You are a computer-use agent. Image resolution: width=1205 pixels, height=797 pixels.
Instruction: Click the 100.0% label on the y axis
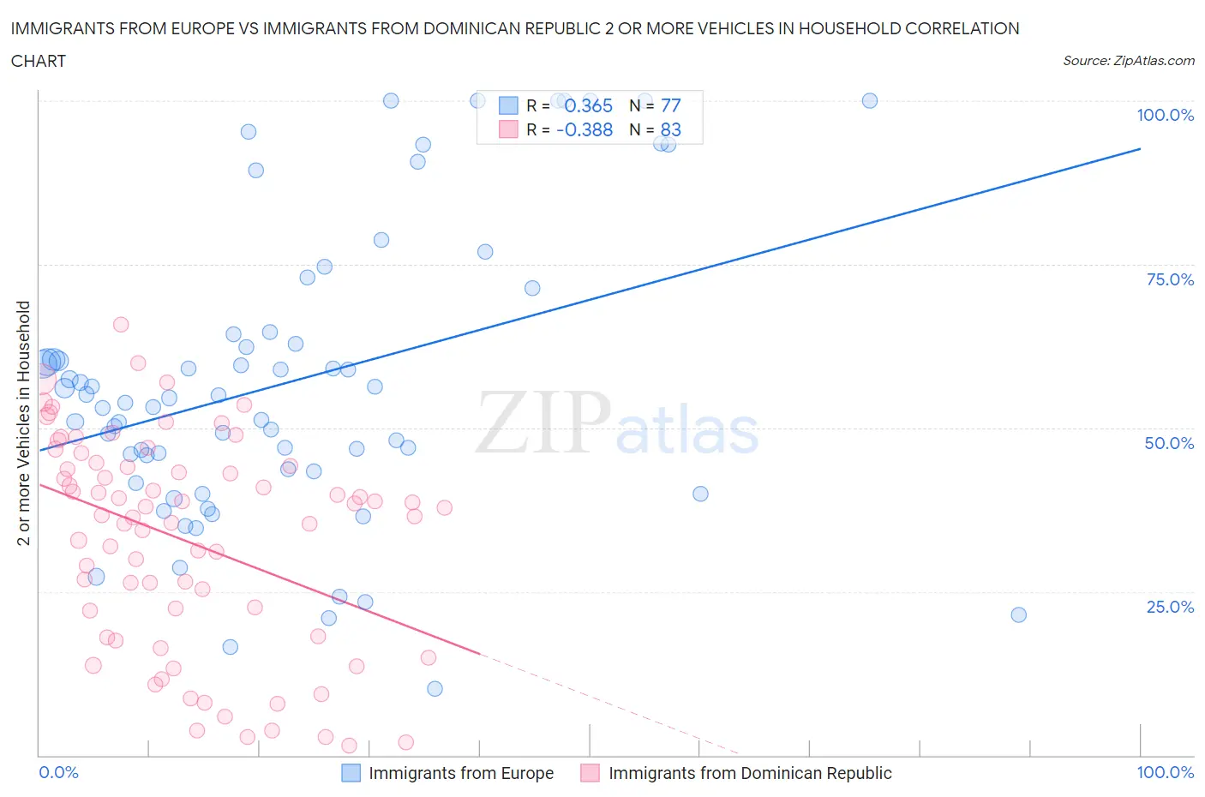1165,115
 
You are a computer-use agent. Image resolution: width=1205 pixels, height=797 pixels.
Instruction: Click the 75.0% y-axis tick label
1169,279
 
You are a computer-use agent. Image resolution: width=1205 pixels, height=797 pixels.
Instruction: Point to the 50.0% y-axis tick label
1169,443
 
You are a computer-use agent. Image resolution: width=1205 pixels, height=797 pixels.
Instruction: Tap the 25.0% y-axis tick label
1169,607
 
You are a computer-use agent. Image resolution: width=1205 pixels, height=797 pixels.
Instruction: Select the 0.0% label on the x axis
58,772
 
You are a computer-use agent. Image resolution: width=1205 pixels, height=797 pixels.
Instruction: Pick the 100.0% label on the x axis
1165,772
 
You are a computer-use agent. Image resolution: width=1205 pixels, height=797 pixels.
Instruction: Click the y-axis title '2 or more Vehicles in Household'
24,422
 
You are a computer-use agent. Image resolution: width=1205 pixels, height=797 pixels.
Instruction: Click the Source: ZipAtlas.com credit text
1128,61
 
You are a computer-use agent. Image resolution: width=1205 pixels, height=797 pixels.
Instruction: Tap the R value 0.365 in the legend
588,105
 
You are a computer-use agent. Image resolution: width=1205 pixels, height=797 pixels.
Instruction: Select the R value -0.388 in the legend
585,129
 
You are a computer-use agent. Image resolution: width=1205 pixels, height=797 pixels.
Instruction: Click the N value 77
670,105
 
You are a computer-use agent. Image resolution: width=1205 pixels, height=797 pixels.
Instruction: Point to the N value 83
670,129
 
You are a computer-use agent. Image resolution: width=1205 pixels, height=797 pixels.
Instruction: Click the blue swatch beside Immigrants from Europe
351,773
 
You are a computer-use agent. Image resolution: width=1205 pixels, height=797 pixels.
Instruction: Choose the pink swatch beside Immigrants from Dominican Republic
590,773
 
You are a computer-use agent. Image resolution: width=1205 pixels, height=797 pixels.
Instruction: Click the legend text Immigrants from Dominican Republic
750,773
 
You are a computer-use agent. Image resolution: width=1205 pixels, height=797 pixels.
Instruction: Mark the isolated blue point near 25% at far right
1018,614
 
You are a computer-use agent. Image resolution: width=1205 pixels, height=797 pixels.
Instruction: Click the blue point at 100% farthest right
869,100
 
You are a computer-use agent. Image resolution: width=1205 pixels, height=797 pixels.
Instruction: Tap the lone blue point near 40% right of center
700,494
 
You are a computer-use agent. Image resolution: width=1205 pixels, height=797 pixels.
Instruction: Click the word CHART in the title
39,61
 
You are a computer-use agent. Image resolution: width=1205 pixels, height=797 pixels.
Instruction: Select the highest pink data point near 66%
121,325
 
